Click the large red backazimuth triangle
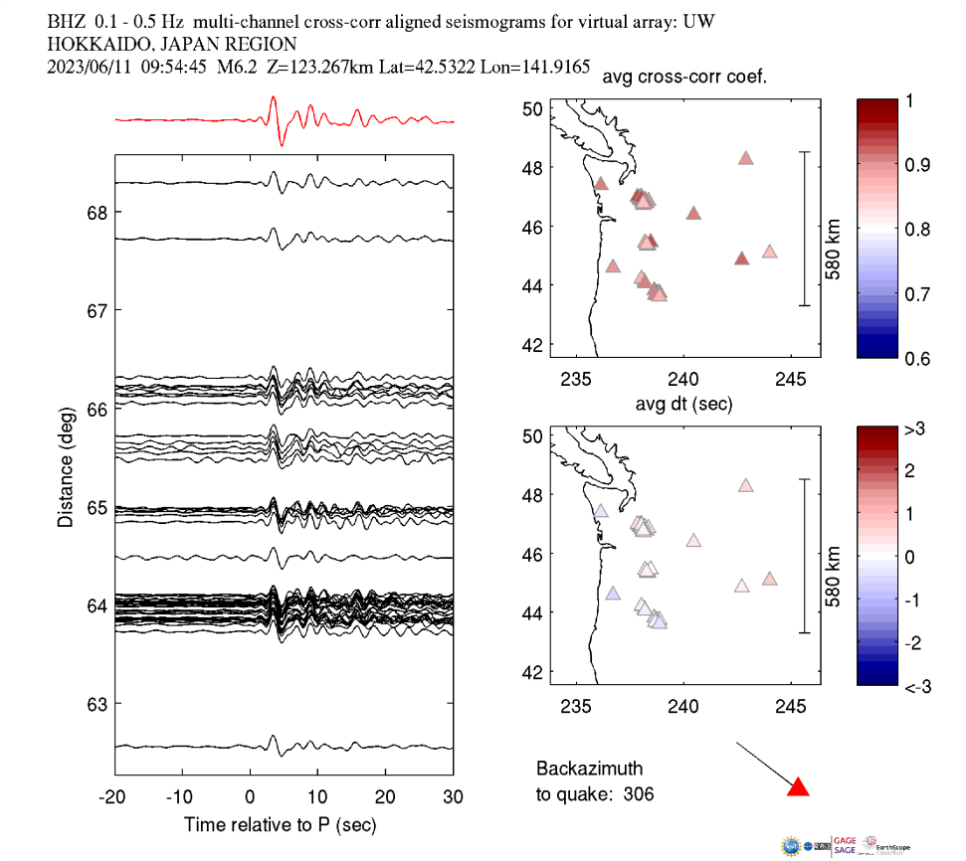[x=798, y=787]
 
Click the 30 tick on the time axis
[x=454, y=797]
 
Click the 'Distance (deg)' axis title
[x=65, y=466]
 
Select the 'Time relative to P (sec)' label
[x=281, y=825]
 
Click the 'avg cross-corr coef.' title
[x=684, y=79]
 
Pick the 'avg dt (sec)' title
[x=685, y=404]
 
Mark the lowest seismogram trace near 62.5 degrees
[x=284, y=747]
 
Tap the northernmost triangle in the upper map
[x=746, y=158]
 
